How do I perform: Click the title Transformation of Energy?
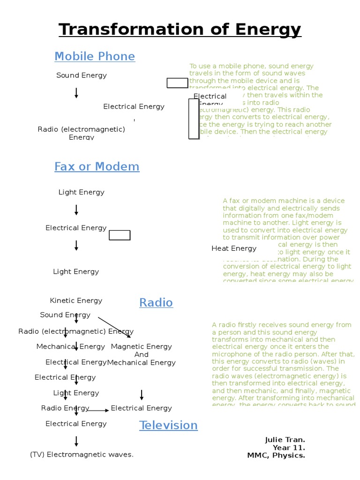180,30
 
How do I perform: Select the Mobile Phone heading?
95,57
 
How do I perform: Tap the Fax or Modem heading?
97,166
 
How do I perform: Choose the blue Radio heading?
156,303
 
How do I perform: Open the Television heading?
168,426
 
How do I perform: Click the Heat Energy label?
234,248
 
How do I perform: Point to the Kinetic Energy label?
76,300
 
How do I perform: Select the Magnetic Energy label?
141,346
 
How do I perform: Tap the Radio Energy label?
59,408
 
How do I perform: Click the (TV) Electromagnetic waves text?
82,454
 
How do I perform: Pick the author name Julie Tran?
285,440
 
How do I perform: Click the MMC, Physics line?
276,455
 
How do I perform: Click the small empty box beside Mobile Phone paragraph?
177,83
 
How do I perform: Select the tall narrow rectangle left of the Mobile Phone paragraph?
194,119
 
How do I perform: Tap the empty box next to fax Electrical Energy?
120,235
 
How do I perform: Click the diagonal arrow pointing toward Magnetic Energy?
114,327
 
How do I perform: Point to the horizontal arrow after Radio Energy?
97,410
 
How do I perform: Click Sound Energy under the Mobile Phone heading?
82,75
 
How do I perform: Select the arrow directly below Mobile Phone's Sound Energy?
76,93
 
